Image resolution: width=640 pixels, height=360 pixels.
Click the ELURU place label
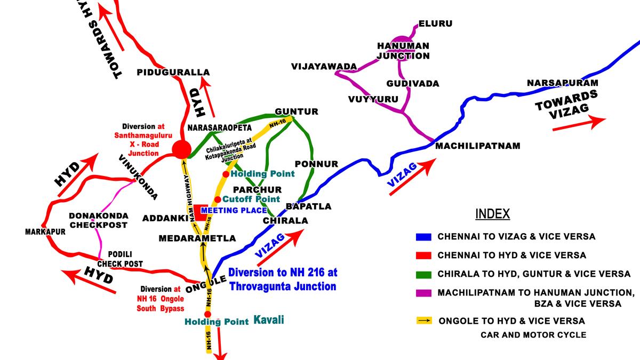tap(435, 24)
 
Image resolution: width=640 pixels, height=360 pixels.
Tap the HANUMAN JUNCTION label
tap(403, 51)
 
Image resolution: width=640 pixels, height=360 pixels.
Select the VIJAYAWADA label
tap(324, 66)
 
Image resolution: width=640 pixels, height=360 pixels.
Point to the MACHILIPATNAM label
tap(477, 146)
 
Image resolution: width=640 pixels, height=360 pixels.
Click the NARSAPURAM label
tap(562, 83)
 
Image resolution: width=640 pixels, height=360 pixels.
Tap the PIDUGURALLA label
tap(173, 72)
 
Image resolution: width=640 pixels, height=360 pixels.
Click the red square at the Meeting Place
tap(201, 212)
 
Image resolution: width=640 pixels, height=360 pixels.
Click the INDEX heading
tap(493, 214)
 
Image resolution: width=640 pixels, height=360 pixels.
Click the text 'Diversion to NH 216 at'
tap(283, 273)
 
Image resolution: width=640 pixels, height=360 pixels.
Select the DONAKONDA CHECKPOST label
tap(98, 220)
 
